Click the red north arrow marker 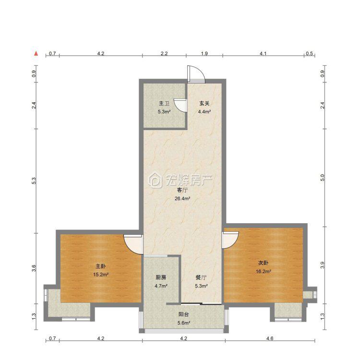tap(36, 53)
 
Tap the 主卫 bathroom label tap(164, 104)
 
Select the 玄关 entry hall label tap(204, 104)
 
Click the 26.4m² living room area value tap(182, 199)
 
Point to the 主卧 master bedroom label tap(101, 266)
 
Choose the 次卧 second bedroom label tap(264, 263)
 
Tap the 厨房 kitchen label tap(161, 277)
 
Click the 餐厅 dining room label tap(201, 277)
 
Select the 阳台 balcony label tap(184, 314)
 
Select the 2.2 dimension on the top tap(164, 53)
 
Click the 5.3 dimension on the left tap(34, 181)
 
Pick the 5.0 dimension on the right tap(323, 178)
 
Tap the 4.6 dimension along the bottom tap(270, 338)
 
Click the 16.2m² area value tap(264, 271)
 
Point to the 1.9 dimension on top tap(204, 53)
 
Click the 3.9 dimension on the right tap(323, 265)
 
